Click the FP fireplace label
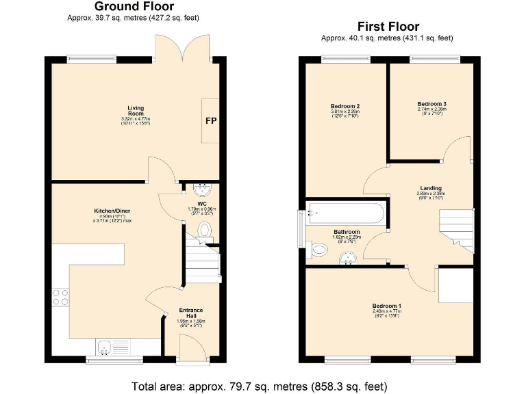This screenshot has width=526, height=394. click(x=210, y=121)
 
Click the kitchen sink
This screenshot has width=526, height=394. click(x=107, y=347)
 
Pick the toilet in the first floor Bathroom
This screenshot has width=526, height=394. click(x=318, y=250)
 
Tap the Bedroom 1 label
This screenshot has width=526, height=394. click(x=387, y=308)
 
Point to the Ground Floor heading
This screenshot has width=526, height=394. click(x=134, y=7)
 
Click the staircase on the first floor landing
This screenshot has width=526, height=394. click(x=456, y=229)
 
